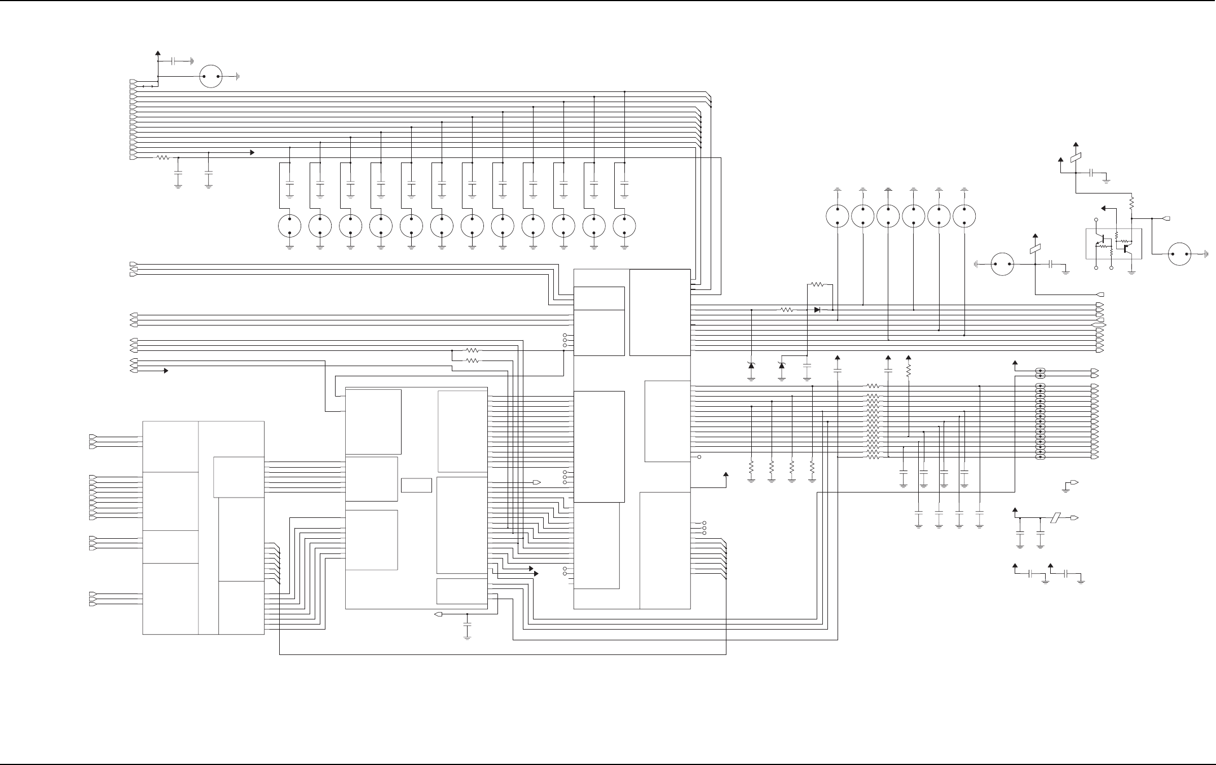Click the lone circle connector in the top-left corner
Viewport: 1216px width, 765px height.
211,76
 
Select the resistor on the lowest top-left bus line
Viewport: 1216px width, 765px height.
163,158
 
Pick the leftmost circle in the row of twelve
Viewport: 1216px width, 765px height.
290,226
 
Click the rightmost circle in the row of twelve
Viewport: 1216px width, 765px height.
624,226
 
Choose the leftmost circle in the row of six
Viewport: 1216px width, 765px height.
838,216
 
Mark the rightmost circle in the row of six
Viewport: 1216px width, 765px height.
964,216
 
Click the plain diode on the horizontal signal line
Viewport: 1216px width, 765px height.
817,310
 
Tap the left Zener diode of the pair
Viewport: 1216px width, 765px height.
751,366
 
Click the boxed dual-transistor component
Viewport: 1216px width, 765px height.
1113,244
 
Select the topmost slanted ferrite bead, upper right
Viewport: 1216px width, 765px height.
1076,159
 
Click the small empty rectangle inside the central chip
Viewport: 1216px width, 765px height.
416,485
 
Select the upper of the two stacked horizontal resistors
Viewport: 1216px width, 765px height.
473,350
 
